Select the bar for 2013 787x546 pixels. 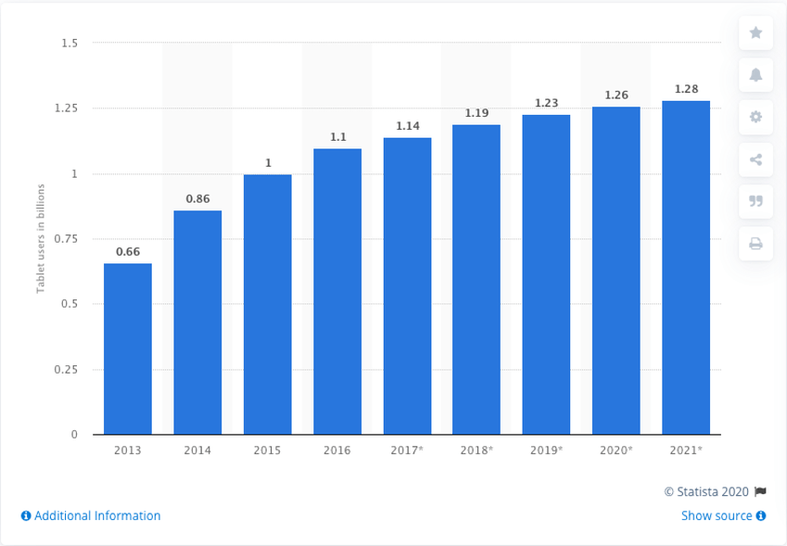[x=127, y=349]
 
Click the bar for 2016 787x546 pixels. [x=337, y=291]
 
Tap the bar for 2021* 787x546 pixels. [x=686, y=267]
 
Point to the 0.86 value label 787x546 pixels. [x=197, y=198]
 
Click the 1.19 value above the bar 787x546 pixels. [x=476, y=113]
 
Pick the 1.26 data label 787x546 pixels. [x=616, y=95]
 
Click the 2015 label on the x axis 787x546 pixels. [x=267, y=451]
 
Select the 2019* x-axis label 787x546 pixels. [x=546, y=451]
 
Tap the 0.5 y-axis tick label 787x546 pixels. [x=70, y=304]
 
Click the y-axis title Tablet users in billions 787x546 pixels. [x=41, y=238]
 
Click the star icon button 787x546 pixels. [x=755, y=33]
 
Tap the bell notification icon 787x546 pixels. [x=755, y=75]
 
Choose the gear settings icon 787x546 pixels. [x=755, y=117]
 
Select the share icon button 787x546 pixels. [x=755, y=159]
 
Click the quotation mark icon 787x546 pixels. [x=755, y=201]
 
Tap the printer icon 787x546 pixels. [x=755, y=244]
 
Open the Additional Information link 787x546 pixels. [x=91, y=515]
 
